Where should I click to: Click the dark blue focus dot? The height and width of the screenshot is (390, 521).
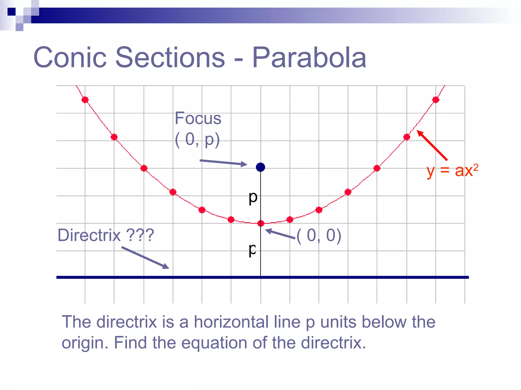click(260, 167)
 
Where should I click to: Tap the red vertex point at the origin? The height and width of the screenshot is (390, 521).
click(261, 223)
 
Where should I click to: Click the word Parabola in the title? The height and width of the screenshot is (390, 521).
click(309, 58)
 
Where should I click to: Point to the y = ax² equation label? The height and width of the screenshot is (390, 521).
click(452, 171)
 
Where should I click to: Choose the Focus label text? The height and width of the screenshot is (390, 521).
click(198, 118)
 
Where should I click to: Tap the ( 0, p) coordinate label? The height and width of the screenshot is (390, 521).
click(197, 140)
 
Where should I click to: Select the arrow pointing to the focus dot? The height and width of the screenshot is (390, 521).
click(223, 162)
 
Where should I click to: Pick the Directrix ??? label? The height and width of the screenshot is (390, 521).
click(106, 235)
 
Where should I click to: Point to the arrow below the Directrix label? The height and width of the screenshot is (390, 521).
click(145, 257)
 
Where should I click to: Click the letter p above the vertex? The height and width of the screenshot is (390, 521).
click(253, 198)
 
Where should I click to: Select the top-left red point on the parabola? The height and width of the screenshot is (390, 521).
click(85, 100)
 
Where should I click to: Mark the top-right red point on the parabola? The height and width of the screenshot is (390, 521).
click(436, 100)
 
